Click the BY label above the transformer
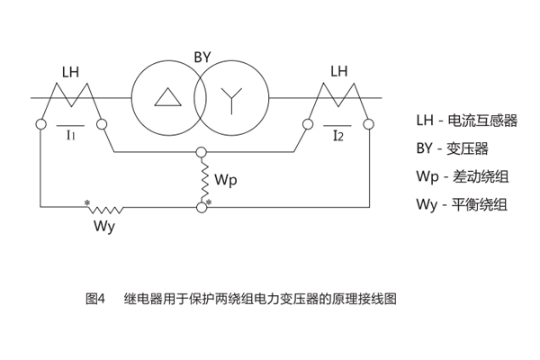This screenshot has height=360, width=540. pyautogui.click(x=202, y=57)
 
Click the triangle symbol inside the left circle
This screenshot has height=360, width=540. pyautogui.click(x=166, y=98)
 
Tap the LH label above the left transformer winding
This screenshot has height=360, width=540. pyautogui.click(x=72, y=71)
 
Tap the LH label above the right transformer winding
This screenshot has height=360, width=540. pyautogui.click(x=339, y=71)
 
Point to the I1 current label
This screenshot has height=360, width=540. pyautogui.click(x=71, y=135)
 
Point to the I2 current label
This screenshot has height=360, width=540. pyautogui.click(x=337, y=136)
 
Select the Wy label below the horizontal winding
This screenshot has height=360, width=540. pyautogui.click(x=103, y=226)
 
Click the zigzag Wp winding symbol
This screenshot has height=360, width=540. pyautogui.click(x=202, y=181)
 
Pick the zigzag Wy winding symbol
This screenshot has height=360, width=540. pyautogui.click(x=105, y=208)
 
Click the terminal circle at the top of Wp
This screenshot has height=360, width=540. pyautogui.click(x=202, y=154)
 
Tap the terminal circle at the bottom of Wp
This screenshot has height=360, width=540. pyautogui.click(x=202, y=208)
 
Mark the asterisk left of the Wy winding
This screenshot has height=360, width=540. pyautogui.click(x=87, y=203)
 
